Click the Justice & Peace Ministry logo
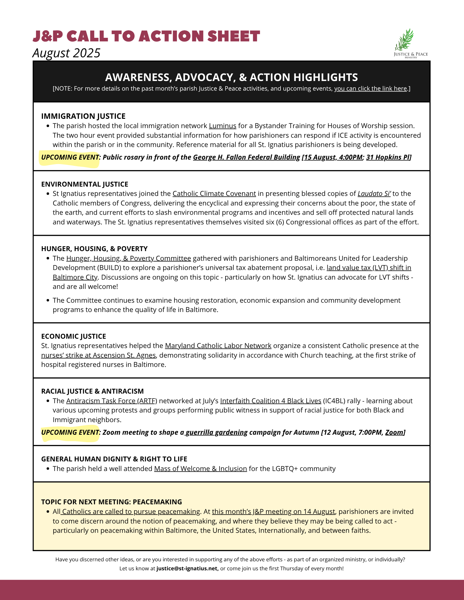(411, 43)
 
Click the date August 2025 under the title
(66, 53)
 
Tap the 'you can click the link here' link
(371, 88)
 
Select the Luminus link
(223, 126)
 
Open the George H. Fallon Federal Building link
(246, 157)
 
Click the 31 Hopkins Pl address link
(388, 157)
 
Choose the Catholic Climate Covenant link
(214, 193)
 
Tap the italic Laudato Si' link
(374, 193)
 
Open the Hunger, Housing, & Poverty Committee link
(129, 258)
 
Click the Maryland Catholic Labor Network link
(218, 346)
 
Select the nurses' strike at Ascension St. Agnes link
(99, 355)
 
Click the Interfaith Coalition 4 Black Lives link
(271, 401)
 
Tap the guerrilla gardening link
(217, 432)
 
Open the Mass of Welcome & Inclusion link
(200, 469)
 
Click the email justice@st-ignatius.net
(187, 568)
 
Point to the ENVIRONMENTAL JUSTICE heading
(85, 184)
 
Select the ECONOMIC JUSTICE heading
(74, 336)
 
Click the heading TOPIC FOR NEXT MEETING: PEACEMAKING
(111, 502)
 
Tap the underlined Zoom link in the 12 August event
(394, 432)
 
